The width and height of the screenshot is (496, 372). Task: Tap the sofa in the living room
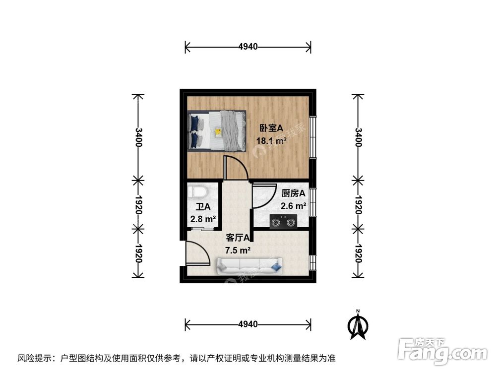(249, 266)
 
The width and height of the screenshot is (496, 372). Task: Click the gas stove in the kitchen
(283, 222)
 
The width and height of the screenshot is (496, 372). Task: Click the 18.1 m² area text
(271, 141)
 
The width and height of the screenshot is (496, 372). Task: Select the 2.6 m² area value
(293, 206)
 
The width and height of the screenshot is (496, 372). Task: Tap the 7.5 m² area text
(238, 250)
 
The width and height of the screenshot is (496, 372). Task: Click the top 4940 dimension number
(248, 47)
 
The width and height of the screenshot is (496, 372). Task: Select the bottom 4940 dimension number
(248, 324)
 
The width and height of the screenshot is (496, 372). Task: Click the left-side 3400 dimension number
(138, 136)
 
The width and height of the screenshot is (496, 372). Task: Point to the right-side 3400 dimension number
(358, 136)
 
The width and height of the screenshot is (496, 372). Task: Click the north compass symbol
(357, 325)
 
